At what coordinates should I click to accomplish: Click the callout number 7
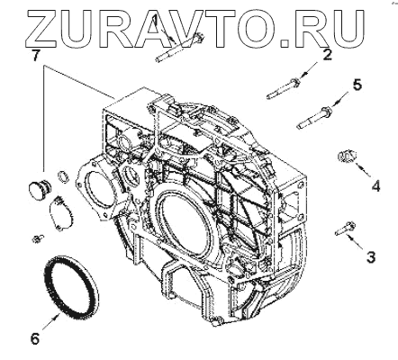pos(35,56)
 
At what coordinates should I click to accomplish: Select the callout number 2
pos(327,55)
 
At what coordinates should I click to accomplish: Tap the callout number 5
pos(357,85)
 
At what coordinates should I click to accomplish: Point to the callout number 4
pos(375,186)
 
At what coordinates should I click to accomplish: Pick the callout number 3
pos(371,256)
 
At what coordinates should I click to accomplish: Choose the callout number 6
pos(35,338)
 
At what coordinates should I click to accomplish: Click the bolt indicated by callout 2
pos(283,88)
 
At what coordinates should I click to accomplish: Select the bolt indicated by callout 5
pos(314,118)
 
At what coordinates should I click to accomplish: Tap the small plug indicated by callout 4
pos(346,156)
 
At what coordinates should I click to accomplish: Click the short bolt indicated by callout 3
pos(345,229)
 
